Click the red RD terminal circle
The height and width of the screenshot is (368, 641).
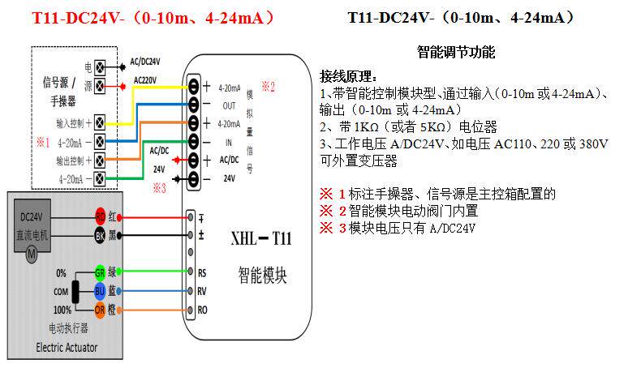[x=100, y=216]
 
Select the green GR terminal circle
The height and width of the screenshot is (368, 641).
[x=100, y=272]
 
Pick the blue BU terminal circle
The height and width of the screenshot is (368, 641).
[x=100, y=290]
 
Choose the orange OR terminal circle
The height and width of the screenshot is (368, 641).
[x=100, y=309]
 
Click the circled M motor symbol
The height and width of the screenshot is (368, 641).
[x=32, y=255]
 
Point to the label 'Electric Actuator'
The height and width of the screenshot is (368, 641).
[x=67, y=348]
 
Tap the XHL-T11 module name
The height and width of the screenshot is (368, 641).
[x=260, y=240]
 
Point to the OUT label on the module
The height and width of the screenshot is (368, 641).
[x=229, y=105]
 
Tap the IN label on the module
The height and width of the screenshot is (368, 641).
[x=228, y=141]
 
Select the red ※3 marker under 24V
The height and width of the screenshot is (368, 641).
[x=160, y=188]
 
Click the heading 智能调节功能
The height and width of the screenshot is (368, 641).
[x=455, y=53]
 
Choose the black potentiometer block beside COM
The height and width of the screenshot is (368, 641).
[x=75, y=291]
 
